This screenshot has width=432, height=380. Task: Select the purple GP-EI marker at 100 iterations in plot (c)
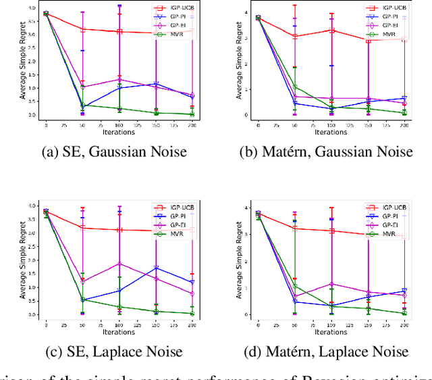[x=119, y=264]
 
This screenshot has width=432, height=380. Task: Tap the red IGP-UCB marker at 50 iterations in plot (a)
[x=82, y=30]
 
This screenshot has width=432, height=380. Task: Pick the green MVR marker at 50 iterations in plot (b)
[x=295, y=87]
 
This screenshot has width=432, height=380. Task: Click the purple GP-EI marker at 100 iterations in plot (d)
[x=331, y=284]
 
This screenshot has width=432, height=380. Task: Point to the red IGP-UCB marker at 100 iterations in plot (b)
[x=331, y=30]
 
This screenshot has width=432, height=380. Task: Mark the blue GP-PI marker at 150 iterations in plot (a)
[x=156, y=85]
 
